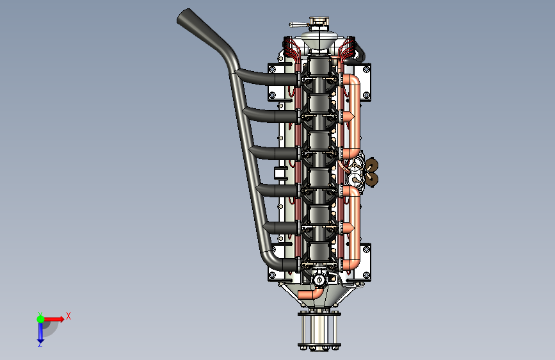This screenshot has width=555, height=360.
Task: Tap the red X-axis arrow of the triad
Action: [54, 319]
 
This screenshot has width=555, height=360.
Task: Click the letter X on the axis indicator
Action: [68, 316]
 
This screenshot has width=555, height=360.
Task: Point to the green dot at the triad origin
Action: [40, 319]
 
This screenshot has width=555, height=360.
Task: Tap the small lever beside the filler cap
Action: [298, 24]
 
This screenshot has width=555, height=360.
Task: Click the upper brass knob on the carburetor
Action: [371, 165]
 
